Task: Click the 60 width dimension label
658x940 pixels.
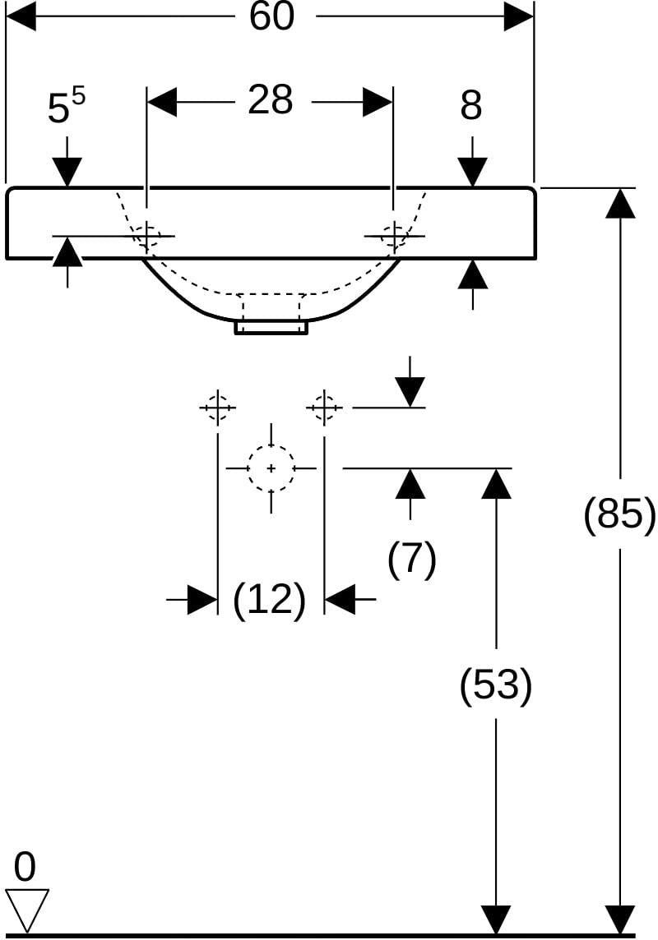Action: click(x=271, y=16)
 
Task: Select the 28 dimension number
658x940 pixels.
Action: click(x=271, y=99)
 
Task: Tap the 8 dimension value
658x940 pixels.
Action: click(x=470, y=105)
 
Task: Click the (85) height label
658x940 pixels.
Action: click(x=619, y=514)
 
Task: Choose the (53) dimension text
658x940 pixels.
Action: click(x=495, y=684)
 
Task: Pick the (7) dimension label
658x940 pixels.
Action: click(x=411, y=559)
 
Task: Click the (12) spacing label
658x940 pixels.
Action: click(x=269, y=599)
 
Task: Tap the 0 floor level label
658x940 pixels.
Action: click(x=25, y=867)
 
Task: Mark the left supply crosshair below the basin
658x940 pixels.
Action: click(x=217, y=408)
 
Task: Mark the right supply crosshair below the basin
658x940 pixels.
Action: click(x=324, y=408)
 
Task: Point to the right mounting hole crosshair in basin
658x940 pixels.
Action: click(x=393, y=236)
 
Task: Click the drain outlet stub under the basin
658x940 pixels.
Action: click(x=271, y=327)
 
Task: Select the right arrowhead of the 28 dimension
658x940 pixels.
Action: click(x=378, y=101)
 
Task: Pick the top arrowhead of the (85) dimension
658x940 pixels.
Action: click(x=620, y=203)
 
